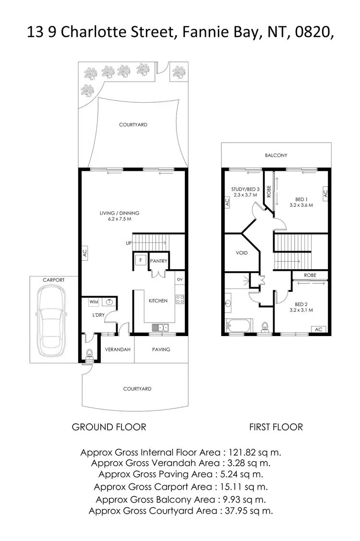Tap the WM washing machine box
pyautogui.click(x=93, y=302)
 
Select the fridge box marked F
pyautogui.click(x=140, y=260)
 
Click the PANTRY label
pyautogui.click(x=158, y=261)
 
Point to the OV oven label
pyautogui.click(x=180, y=279)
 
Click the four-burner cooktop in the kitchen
pyautogui.click(x=180, y=300)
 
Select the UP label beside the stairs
pyautogui.click(x=129, y=243)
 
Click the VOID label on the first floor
pyautogui.click(x=242, y=252)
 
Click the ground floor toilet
pyautogui.click(x=90, y=354)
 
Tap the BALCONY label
pyautogui.click(x=276, y=155)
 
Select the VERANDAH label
pyautogui.click(x=118, y=349)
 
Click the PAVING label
pyautogui.click(x=161, y=349)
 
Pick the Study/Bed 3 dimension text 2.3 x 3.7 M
pyautogui.click(x=245, y=195)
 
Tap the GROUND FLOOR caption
pyautogui.click(x=109, y=427)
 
